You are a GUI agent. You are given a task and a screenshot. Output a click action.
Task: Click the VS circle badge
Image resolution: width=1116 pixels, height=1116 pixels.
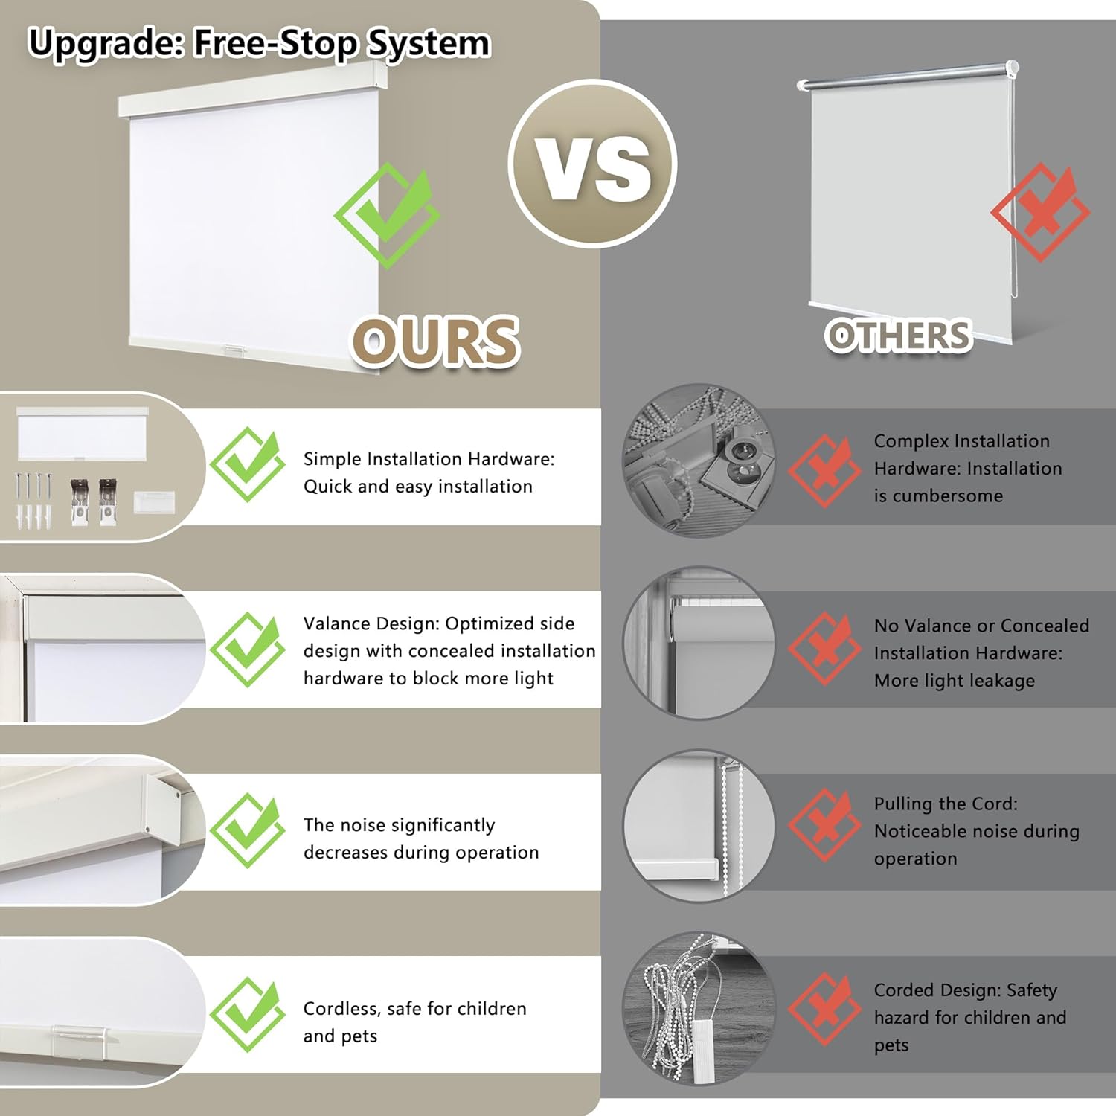click(593, 164)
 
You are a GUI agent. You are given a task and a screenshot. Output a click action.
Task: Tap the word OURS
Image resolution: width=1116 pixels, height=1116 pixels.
click(435, 341)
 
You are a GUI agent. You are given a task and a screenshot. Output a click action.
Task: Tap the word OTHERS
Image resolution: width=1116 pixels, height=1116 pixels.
click(899, 336)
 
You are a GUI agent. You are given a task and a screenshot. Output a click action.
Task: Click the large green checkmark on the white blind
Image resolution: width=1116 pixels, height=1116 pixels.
click(387, 215)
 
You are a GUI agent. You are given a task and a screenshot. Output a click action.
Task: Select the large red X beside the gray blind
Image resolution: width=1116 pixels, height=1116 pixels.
click(1040, 212)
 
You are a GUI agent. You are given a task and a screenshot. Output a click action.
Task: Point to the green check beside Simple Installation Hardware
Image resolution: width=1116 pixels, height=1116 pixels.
click(247, 464)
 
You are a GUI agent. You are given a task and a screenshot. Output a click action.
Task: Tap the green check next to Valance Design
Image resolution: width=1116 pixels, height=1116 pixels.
click(247, 650)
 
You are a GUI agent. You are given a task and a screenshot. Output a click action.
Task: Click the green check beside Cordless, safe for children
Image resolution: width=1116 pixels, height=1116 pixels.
click(247, 1015)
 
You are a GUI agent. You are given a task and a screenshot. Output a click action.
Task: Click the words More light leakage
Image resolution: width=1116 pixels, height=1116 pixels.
click(955, 681)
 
